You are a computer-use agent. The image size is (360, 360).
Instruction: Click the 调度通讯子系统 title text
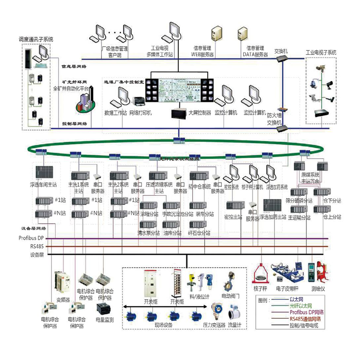(x=36, y=40)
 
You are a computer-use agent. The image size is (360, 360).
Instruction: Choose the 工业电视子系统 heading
(x=321, y=53)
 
